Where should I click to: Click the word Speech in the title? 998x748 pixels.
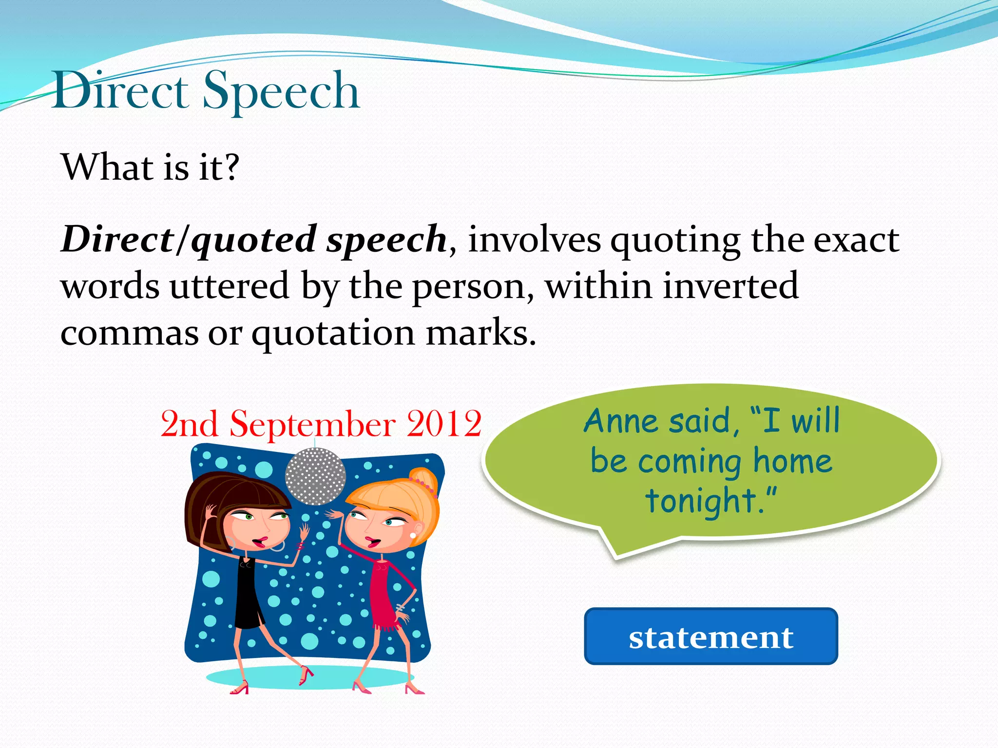(x=281, y=92)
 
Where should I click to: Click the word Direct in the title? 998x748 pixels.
(x=121, y=92)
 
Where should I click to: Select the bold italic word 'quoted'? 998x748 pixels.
(x=253, y=240)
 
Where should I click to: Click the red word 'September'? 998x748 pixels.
(x=312, y=424)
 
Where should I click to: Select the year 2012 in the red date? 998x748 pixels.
(x=444, y=424)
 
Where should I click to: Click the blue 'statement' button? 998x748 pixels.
(x=710, y=636)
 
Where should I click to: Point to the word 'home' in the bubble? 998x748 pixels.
(x=792, y=461)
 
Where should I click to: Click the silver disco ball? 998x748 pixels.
(x=315, y=476)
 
